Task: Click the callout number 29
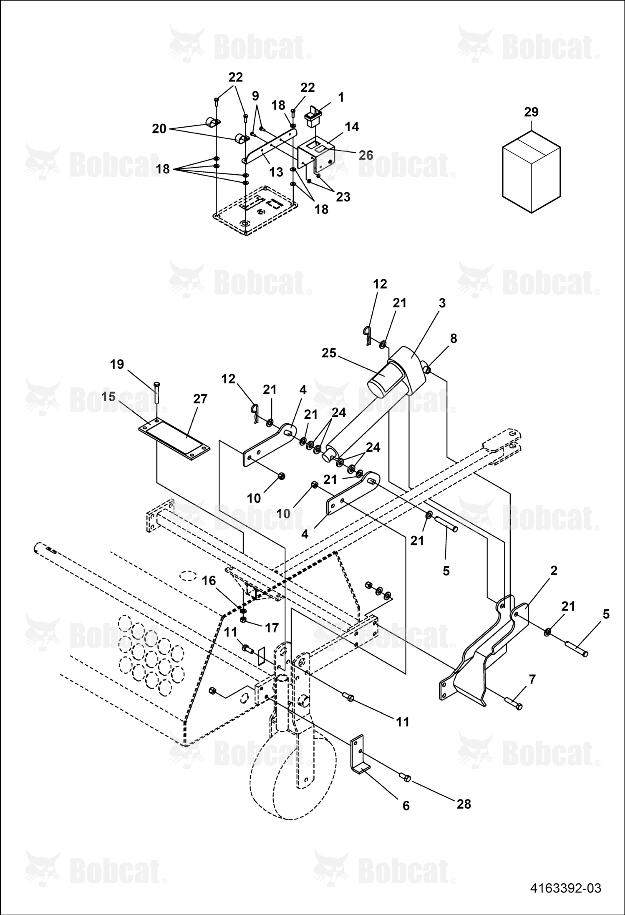531,112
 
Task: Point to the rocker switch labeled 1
313,116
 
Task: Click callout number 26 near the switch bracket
366,155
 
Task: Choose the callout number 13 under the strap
276,172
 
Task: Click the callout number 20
159,129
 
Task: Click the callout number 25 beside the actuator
329,353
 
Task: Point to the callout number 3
442,303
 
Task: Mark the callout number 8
453,339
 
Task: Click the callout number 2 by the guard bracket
554,571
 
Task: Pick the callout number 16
209,581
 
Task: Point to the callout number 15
108,397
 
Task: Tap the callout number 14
352,127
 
